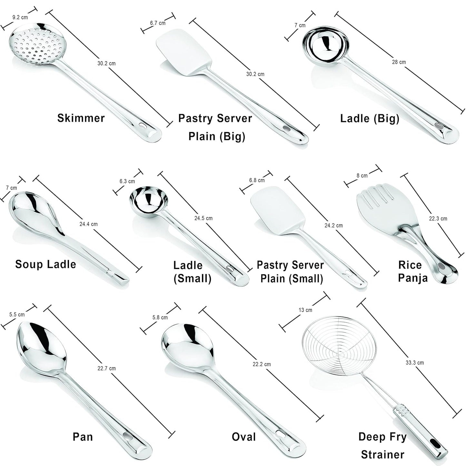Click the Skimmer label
point(81,118)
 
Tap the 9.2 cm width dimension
point(20,17)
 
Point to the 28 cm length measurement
point(399,62)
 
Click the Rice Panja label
point(411,271)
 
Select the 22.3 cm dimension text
point(438,218)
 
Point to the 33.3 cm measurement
point(415,362)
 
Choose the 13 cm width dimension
point(305,310)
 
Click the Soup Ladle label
point(45,264)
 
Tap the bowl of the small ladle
point(149,200)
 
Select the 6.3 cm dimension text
point(127,181)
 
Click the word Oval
point(244,437)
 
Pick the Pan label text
point(83,437)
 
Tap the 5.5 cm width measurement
point(17,314)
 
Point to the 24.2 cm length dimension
point(333,225)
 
